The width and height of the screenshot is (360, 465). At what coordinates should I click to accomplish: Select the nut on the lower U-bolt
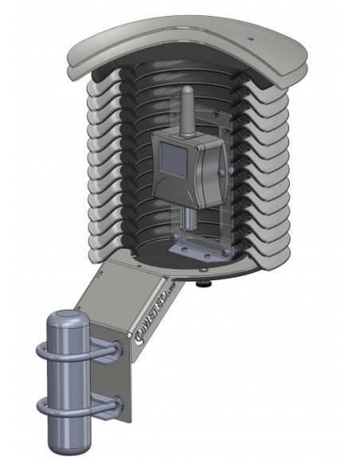point(117,405)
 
